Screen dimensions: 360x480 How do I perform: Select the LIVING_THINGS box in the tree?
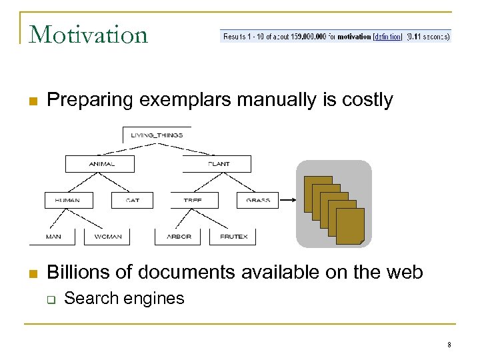tap(157, 135)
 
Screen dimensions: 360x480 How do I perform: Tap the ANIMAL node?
tap(101, 164)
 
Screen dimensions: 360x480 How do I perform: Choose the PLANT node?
tap(218, 164)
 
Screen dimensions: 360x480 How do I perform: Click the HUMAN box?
tap(69, 200)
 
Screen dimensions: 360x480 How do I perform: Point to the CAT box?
tap(132, 200)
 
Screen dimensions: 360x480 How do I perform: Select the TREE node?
tap(192, 200)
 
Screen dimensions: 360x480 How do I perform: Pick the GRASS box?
tap(257, 200)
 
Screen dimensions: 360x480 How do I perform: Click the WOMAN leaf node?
tap(107, 237)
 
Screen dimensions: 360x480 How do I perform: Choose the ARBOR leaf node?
tap(179, 237)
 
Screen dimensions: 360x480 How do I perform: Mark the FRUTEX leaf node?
tap(233, 237)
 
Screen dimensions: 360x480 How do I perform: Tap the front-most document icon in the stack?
tap(350, 225)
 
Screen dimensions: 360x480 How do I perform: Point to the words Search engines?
tap(124, 298)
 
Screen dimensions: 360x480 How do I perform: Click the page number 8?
tap(449, 345)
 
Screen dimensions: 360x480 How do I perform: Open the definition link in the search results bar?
tap(387, 37)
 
